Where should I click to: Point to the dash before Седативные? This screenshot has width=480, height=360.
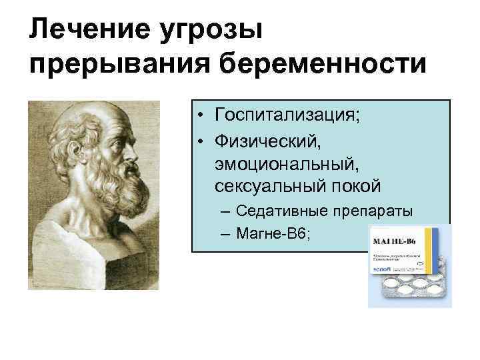[225, 212]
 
